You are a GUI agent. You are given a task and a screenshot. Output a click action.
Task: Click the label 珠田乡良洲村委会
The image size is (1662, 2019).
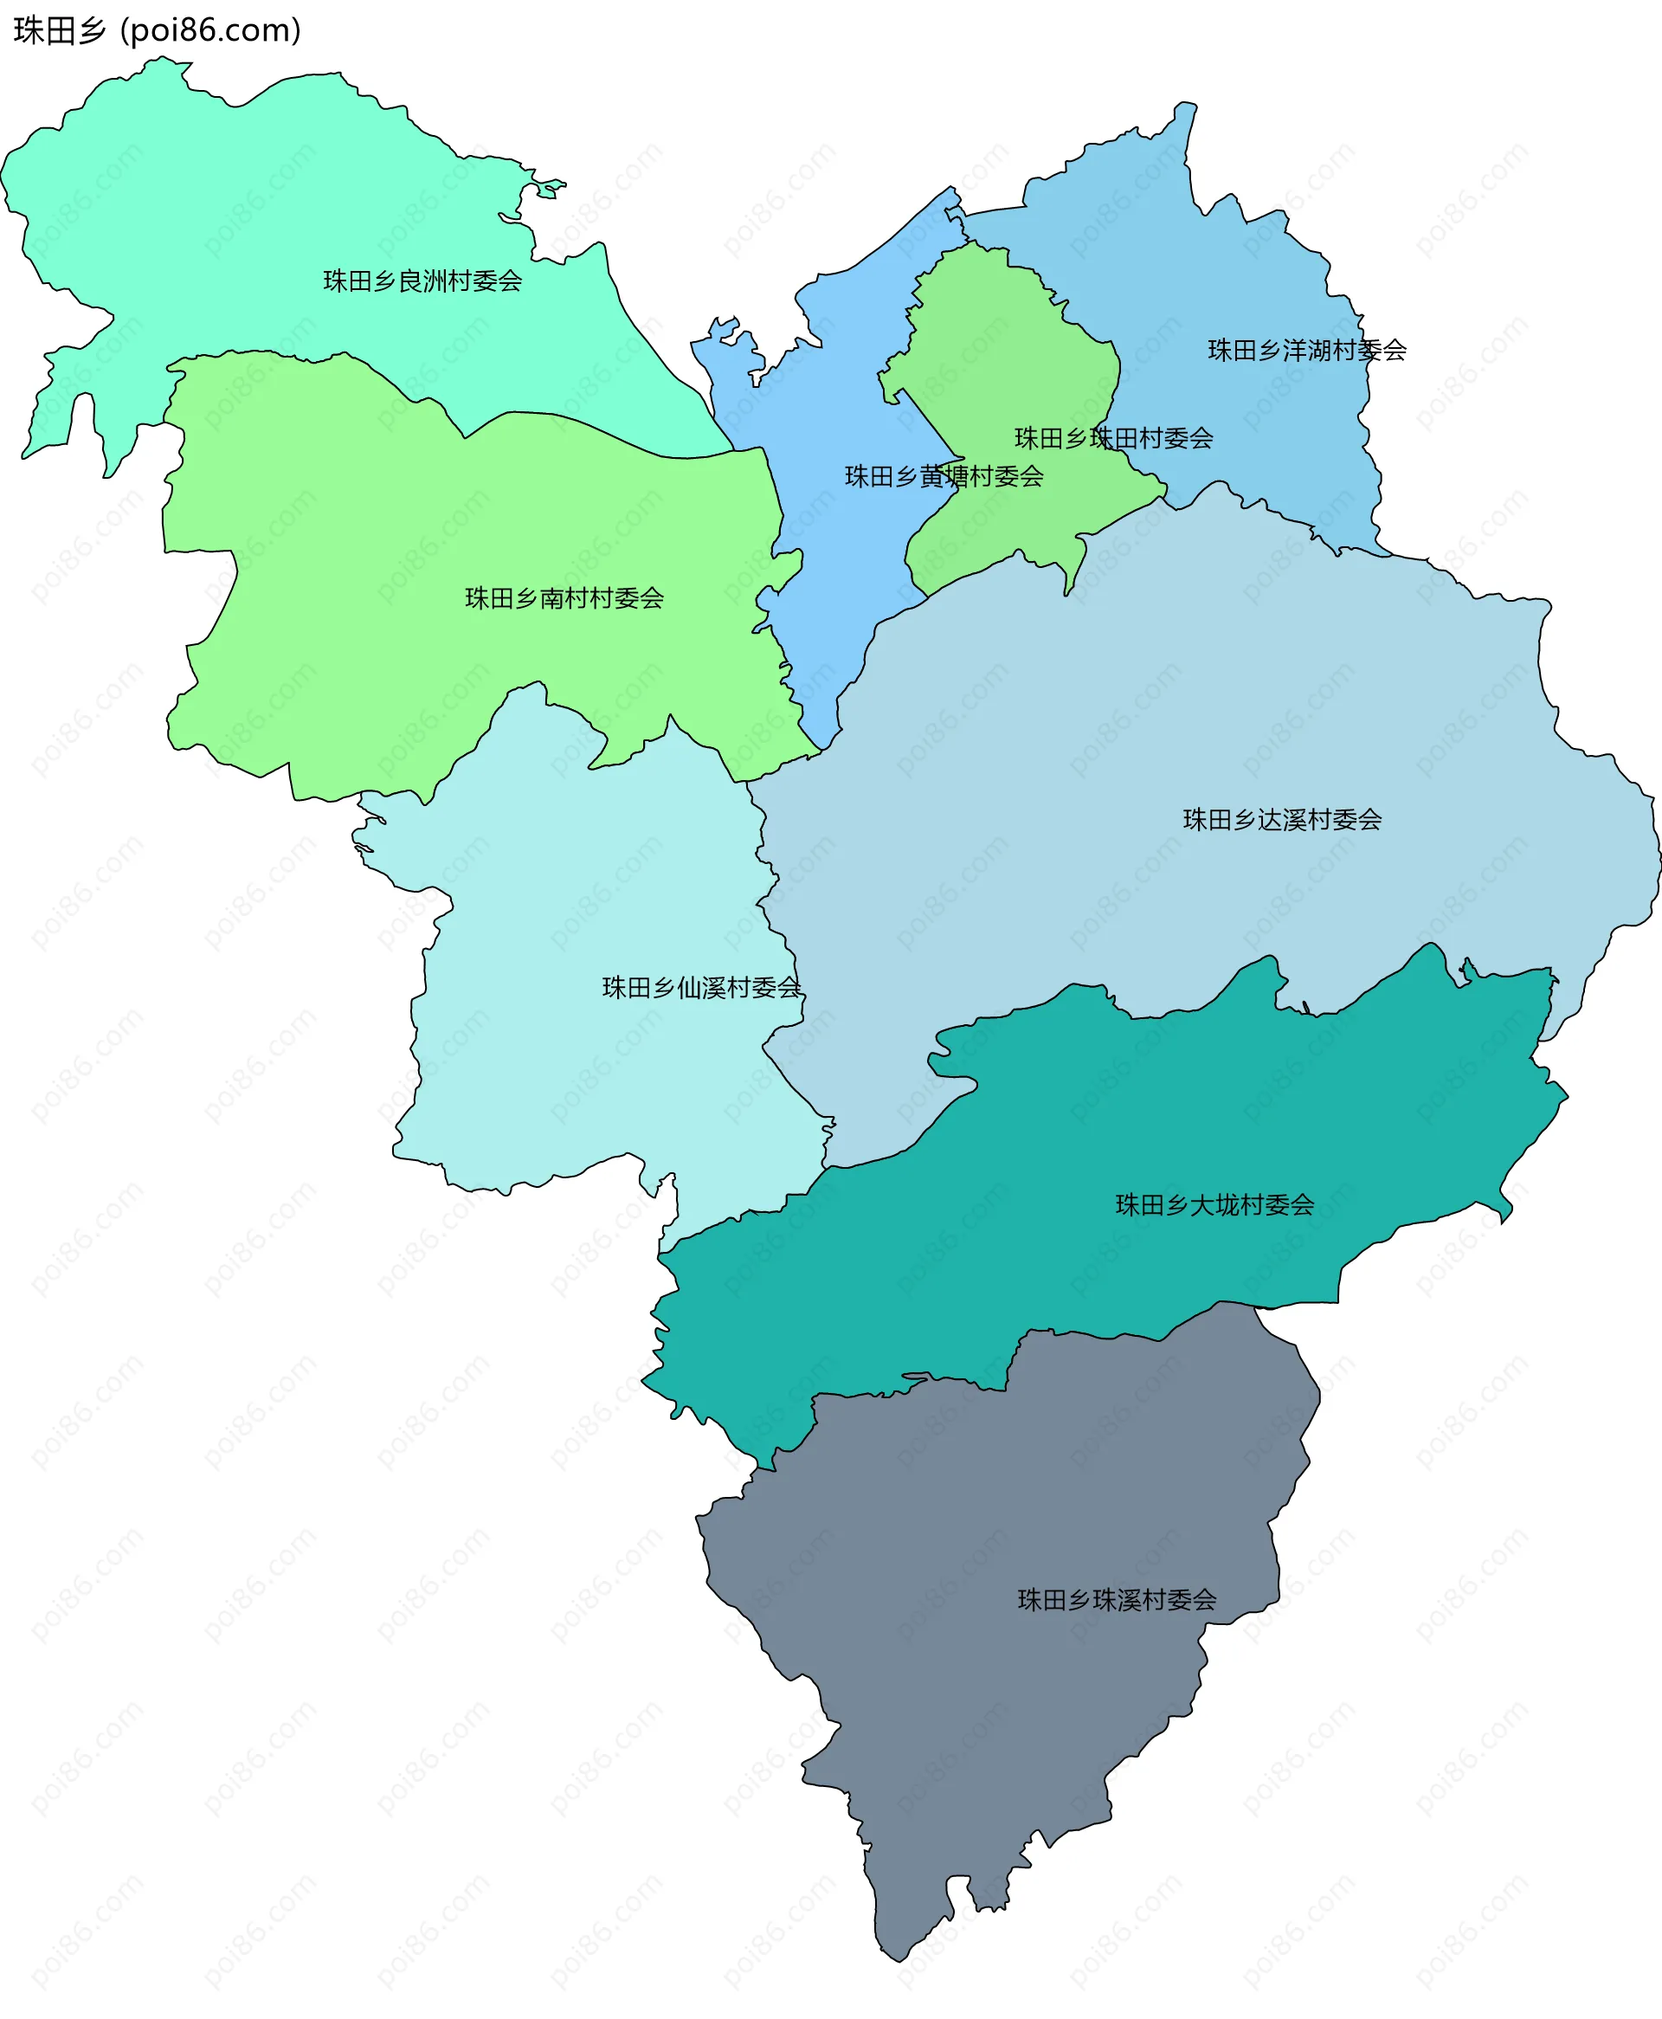tap(422, 281)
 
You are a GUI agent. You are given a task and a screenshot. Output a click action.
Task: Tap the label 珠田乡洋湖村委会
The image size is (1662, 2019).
tap(1307, 351)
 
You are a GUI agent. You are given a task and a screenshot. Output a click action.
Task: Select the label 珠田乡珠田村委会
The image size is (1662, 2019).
tap(1113, 438)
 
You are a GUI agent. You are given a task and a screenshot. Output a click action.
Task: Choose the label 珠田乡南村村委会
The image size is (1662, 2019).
tap(564, 598)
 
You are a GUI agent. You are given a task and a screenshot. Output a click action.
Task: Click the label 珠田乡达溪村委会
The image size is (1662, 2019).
tap(1282, 820)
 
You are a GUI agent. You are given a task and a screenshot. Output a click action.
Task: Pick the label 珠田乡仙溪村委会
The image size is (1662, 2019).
tap(701, 987)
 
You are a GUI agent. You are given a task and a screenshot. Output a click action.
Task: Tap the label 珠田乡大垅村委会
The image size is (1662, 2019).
tap(1215, 1204)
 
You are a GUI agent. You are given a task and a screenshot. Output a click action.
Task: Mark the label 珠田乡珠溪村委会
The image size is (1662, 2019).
tap(1117, 1600)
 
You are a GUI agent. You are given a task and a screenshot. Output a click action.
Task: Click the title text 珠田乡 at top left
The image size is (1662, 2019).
tap(60, 30)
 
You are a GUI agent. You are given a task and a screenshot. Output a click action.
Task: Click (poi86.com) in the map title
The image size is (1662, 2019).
tap(210, 30)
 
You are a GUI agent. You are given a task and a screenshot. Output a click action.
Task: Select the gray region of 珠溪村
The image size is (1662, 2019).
tap(1005, 1723)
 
